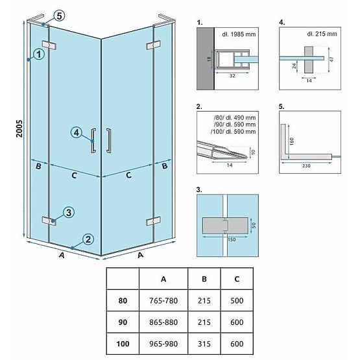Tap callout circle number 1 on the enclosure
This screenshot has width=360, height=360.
tap(39, 55)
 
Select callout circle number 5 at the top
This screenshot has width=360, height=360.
tap(60, 16)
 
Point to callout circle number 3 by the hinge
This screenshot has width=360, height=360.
tap(67, 213)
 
